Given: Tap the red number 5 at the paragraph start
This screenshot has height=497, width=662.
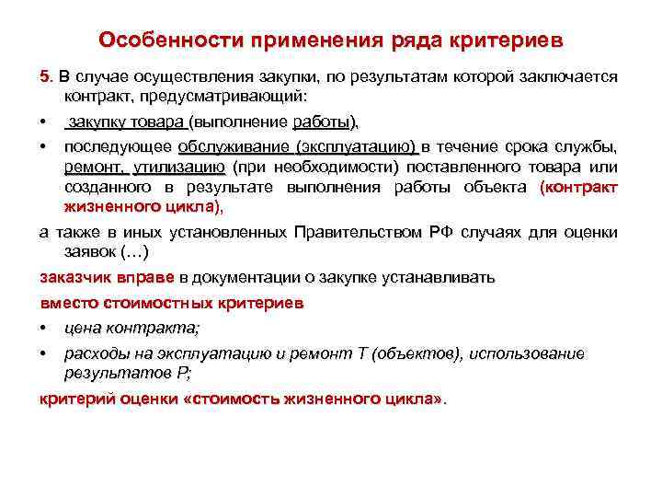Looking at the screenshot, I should (x=44, y=75).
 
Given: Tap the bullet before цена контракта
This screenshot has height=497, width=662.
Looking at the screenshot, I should (x=43, y=329).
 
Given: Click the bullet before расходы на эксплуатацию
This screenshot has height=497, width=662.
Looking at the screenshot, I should (x=43, y=354).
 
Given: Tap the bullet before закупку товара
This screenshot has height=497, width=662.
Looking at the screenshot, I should (x=43, y=122).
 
